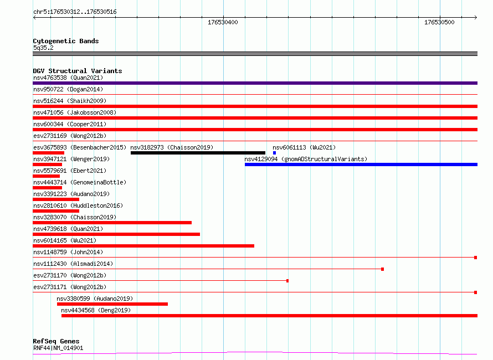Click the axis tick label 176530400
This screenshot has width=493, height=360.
pos(223,22)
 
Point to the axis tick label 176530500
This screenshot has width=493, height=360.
pos(439,22)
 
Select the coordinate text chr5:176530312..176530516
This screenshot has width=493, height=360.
pos(75,12)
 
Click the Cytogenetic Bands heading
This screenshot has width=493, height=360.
pos(66,41)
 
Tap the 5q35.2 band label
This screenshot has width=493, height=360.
pos(43,48)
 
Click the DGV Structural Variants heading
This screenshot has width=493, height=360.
pos(78,71)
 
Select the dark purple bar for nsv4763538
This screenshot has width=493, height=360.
pos(255,83)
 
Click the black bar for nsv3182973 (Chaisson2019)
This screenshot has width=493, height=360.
pos(198,153)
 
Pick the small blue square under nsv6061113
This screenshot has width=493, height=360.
pos(275,153)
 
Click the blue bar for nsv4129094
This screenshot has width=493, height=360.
pos(361,164)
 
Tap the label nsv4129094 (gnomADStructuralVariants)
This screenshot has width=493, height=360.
pos(306,159)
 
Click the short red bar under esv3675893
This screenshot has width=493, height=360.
pos(48,153)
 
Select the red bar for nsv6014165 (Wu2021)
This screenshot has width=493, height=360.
pos(143,246)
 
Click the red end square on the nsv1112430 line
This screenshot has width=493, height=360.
pos(382,269)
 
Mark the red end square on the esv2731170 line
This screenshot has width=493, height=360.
pos(287,281)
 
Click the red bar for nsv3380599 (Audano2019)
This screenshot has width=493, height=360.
pos(112,304)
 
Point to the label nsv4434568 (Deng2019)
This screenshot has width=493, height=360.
pos(96,310)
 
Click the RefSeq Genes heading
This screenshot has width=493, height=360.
pos(56,341)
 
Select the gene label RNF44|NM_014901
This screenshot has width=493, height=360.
pos(58,348)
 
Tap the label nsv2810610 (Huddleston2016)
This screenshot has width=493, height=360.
pos(78,205)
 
